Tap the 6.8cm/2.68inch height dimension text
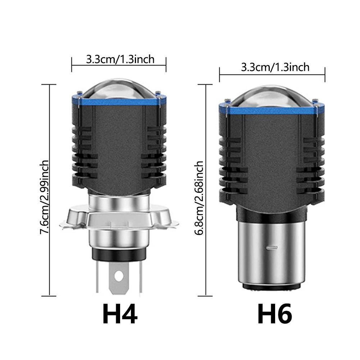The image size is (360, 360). tap(199, 198)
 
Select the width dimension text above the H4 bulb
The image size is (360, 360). tap(120, 59)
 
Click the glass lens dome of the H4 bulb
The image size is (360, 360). tap(119, 88)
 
